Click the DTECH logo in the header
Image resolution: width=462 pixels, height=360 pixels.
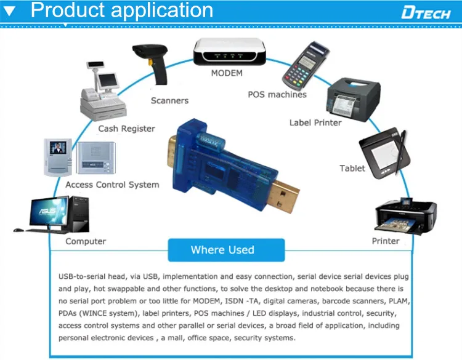pos(426,12)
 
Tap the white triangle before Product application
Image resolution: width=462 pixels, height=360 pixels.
pos(10,10)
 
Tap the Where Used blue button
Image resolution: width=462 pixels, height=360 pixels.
pos(222,249)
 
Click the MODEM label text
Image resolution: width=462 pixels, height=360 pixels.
pos(227,73)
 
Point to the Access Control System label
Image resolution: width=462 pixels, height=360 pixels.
pos(112,185)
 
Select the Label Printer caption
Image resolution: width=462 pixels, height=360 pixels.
pos(315,122)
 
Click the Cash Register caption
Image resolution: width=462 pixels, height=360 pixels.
pos(127,129)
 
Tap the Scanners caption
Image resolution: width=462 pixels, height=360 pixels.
pos(169,100)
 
